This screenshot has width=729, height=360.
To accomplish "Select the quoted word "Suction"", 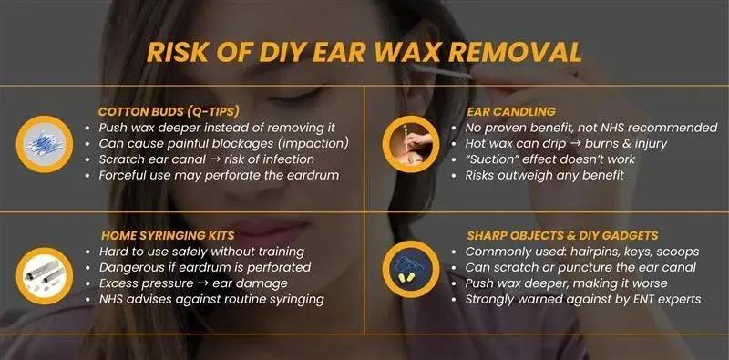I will coord(500,158).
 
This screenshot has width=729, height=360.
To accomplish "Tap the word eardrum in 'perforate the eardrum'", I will coord(311,174).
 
